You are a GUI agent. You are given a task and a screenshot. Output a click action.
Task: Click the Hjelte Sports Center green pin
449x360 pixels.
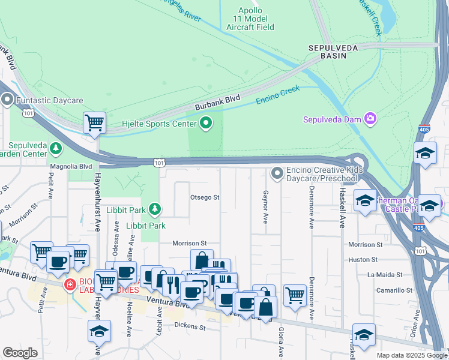point(206,124)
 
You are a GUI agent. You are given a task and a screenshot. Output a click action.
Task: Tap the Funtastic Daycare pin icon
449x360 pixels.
point(7,100)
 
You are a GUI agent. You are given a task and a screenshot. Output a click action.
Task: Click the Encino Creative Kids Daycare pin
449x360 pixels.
point(277,173)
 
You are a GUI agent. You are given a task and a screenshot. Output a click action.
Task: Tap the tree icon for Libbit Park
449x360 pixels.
point(155,209)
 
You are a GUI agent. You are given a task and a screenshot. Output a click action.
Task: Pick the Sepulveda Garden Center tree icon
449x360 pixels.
point(56,148)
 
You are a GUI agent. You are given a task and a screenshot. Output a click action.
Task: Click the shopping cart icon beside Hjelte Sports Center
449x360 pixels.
point(94,122)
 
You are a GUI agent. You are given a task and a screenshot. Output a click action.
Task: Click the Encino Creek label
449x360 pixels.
point(277,95)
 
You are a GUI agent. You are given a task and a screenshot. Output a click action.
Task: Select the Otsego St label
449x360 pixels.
point(205,197)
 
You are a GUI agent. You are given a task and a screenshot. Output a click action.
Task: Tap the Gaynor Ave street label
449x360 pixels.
point(265,208)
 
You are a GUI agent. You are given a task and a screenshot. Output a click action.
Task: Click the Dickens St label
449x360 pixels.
point(190,327)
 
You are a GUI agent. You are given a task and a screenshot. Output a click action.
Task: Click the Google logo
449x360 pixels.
point(20,353)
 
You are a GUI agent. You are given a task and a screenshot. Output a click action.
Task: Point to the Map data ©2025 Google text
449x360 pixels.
point(411,355)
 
